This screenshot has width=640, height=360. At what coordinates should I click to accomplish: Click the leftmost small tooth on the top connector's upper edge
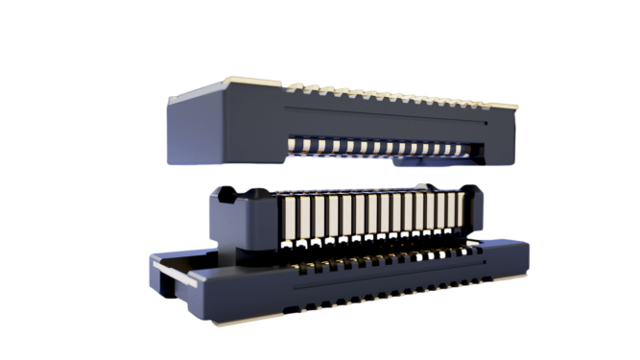pos(293,87)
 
